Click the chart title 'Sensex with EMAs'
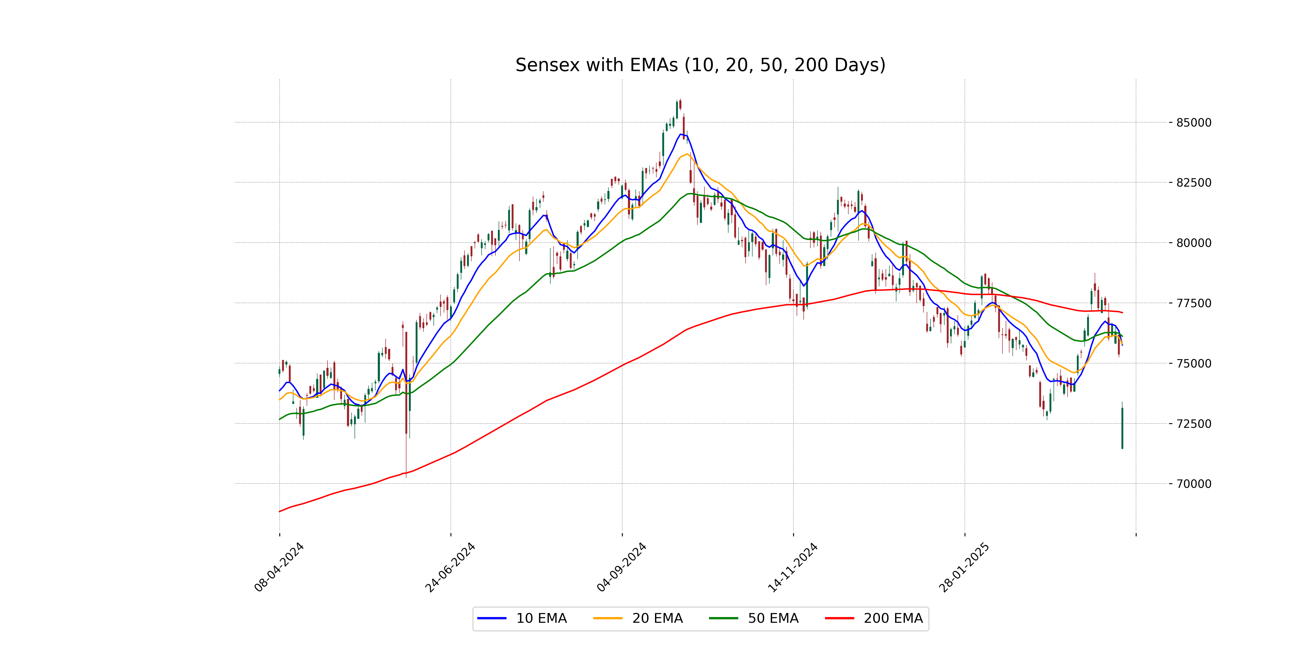coord(700,65)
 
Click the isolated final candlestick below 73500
coord(1122,428)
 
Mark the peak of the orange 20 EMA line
coord(687,154)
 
